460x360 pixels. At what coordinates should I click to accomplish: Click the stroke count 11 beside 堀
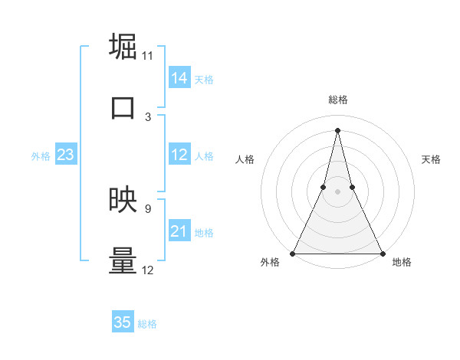coord(148,55)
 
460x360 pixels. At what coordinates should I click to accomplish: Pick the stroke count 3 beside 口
coord(148,116)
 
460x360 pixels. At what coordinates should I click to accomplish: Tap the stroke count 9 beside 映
coord(148,208)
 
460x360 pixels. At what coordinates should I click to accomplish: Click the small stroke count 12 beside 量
coord(148,270)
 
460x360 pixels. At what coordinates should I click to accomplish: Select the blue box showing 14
coord(179,78)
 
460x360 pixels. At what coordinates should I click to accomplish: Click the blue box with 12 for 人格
coord(179,155)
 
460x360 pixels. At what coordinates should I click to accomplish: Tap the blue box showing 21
coord(179,231)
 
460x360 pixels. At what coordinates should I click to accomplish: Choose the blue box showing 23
coord(65,155)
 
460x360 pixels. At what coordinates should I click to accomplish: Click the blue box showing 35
coord(123,322)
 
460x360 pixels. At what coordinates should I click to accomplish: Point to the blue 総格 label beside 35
coord(147,324)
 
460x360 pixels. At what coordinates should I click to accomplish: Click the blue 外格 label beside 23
coord(41,156)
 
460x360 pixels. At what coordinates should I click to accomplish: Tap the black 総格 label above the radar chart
coord(337,100)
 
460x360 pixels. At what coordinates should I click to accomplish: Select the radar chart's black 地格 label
coord(402,262)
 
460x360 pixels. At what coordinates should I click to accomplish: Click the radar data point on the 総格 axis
coord(337,129)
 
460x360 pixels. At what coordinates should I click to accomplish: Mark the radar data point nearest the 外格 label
coord(293,253)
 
